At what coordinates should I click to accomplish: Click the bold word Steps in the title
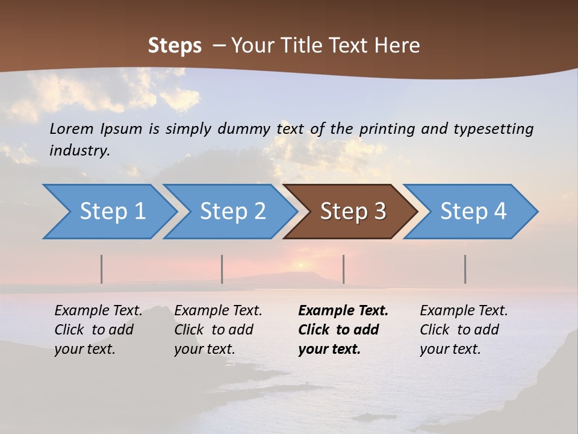pos(175,46)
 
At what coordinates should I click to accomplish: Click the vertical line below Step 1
pos(102,269)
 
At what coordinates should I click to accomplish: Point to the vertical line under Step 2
pos(222,269)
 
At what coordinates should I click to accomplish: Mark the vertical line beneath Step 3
pos(344,269)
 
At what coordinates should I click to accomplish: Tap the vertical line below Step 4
pos(465,269)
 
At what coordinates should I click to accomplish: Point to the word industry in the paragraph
pos(79,151)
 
